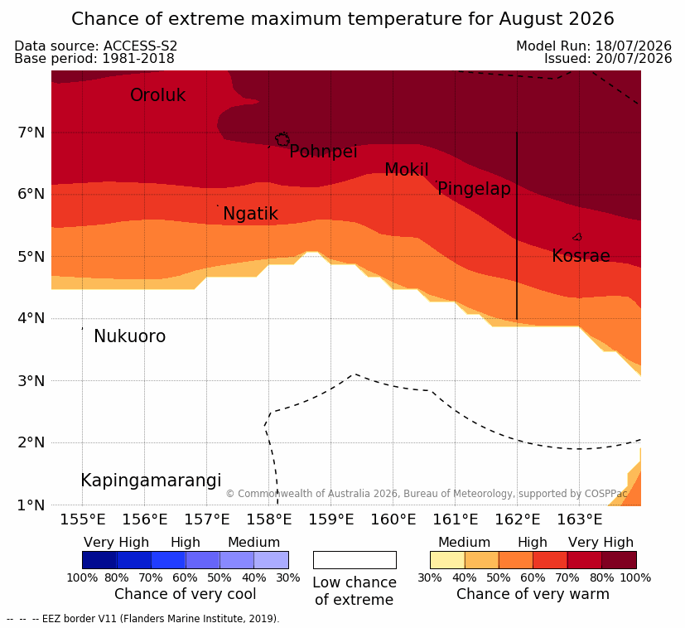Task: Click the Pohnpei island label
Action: tap(323, 152)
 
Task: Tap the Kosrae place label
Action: tap(581, 256)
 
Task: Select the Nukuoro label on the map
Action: tap(130, 336)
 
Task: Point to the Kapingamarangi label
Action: tap(151, 481)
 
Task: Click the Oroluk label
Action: tap(157, 94)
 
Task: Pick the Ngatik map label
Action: tap(250, 214)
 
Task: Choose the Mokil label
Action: tap(407, 170)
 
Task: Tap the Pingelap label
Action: tap(474, 189)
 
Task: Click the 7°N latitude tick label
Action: tap(31, 132)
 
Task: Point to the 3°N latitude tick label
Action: tap(31, 380)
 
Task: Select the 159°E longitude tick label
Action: tap(331, 519)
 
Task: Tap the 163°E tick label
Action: tap(580, 519)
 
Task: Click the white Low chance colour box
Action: tap(355, 560)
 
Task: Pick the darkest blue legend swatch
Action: tap(99, 560)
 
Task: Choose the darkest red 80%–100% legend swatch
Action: tap(619, 560)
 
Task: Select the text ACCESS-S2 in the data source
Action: tap(140, 46)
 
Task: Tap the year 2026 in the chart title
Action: tap(592, 19)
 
